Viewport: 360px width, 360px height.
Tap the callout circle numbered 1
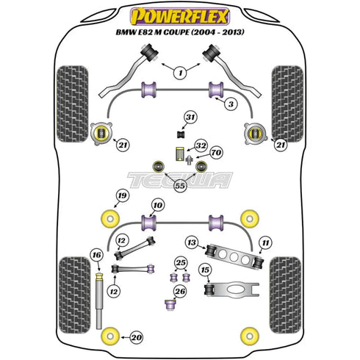[179, 72]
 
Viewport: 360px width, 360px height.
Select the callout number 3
[231, 106]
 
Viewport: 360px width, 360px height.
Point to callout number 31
[191, 118]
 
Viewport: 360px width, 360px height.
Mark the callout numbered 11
[265, 241]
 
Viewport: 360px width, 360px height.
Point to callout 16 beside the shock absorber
[96, 255]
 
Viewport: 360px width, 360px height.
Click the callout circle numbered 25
[181, 263]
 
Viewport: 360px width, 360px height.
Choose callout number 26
[181, 292]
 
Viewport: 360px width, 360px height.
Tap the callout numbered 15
[205, 270]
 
